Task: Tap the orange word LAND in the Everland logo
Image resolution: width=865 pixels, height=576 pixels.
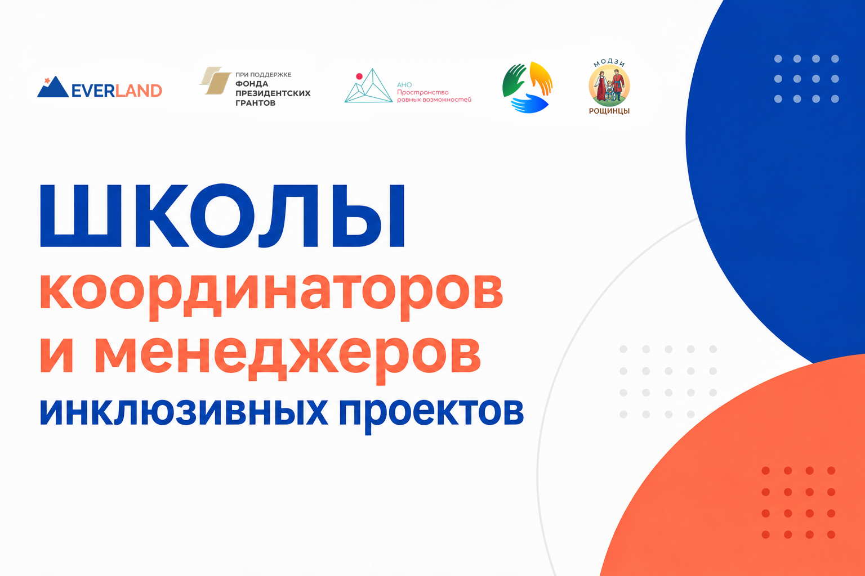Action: pyautogui.click(x=139, y=91)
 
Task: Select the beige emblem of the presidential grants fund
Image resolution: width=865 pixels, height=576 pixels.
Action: pyautogui.click(x=215, y=80)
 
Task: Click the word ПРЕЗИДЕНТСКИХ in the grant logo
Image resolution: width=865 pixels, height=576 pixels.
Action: pyautogui.click(x=273, y=93)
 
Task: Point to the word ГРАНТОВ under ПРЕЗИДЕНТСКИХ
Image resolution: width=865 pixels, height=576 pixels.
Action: pyautogui.click(x=255, y=103)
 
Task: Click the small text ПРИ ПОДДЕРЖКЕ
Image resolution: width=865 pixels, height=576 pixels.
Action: pyautogui.click(x=264, y=74)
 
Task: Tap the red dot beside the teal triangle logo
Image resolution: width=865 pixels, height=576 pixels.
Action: pyautogui.click(x=359, y=76)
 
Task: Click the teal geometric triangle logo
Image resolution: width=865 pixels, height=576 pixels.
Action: pyautogui.click(x=369, y=86)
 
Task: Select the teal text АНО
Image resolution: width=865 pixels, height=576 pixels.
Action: pyautogui.click(x=404, y=85)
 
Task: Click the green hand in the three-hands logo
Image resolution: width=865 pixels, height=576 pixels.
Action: pyautogui.click(x=513, y=80)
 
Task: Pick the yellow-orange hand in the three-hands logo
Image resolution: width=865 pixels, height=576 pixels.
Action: pyautogui.click(x=541, y=78)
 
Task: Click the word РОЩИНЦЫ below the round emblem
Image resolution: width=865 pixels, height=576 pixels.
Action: pyautogui.click(x=609, y=111)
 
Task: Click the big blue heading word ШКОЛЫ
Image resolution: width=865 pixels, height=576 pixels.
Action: pyautogui.click(x=222, y=216)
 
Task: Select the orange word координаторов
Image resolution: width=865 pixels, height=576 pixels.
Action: pyautogui.click(x=271, y=295)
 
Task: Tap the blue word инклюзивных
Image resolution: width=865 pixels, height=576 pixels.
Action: pyautogui.click(x=184, y=412)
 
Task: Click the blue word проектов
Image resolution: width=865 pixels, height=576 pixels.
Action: pyautogui.click(x=431, y=415)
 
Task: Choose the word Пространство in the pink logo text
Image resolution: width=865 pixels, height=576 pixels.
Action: pyautogui.click(x=423, y=93)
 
